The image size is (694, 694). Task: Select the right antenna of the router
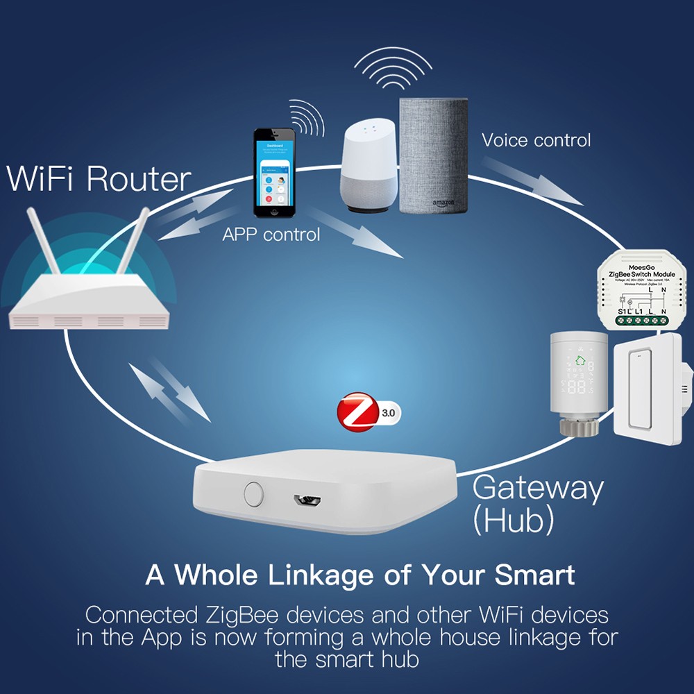tap(132, 239)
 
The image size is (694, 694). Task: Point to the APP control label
tap(271, 235)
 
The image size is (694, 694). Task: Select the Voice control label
tap(536, 140)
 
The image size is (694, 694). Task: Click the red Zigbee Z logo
tap(355, 414)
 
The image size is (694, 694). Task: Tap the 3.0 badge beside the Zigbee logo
tap(388, 414)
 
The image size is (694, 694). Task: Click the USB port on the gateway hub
tap(305, 500)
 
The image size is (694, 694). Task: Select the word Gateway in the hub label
tap(537, 489)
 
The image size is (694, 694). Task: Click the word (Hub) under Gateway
tap(513, 520)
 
